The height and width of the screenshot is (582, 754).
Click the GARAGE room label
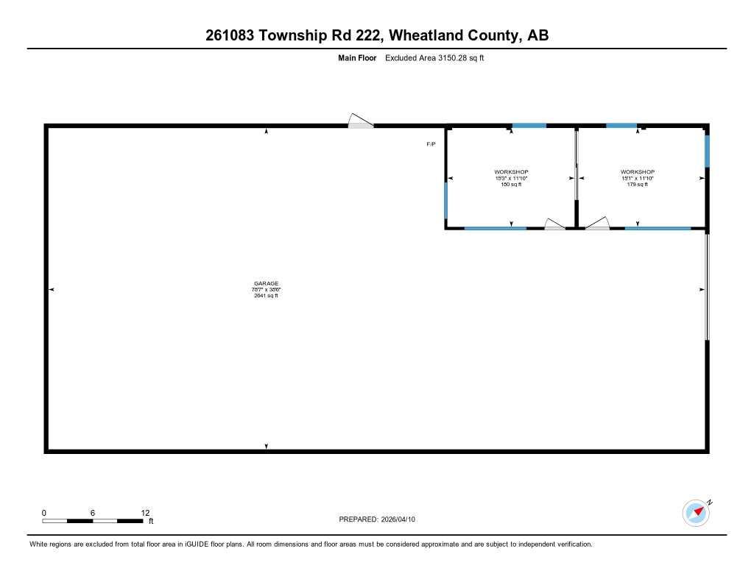click(266, 283)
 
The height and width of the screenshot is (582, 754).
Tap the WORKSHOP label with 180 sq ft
click(511, 172)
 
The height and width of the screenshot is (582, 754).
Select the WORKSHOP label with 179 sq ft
click(637, 172)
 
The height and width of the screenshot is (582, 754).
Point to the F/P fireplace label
click(431, 144)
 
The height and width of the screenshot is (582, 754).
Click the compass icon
click(696, 513)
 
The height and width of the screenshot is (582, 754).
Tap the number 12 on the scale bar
click(145, 513)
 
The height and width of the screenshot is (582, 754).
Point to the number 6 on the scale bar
click(93, 513)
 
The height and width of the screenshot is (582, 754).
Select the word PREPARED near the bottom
click(358, 519)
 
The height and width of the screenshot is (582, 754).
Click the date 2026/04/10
click(398, 519)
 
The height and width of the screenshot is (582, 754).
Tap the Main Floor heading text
click(357, 58)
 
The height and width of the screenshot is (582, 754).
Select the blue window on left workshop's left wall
click(446, 200)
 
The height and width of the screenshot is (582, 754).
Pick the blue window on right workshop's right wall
click(707, 151)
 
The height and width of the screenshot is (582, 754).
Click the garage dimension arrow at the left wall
click(52, 290)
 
